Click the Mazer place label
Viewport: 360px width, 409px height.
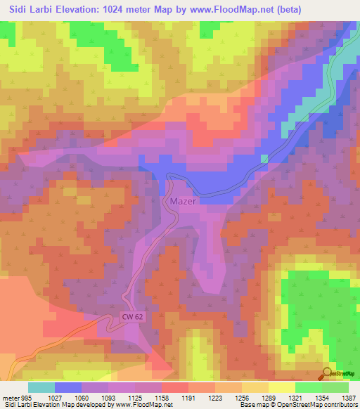pos(183,201)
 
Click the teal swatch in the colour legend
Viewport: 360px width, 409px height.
pos(41,387)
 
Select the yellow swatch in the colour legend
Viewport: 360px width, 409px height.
pos(281,387)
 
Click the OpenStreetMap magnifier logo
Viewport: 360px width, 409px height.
pos(328,373)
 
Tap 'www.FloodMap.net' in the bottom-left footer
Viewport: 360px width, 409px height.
pos(143,405)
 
